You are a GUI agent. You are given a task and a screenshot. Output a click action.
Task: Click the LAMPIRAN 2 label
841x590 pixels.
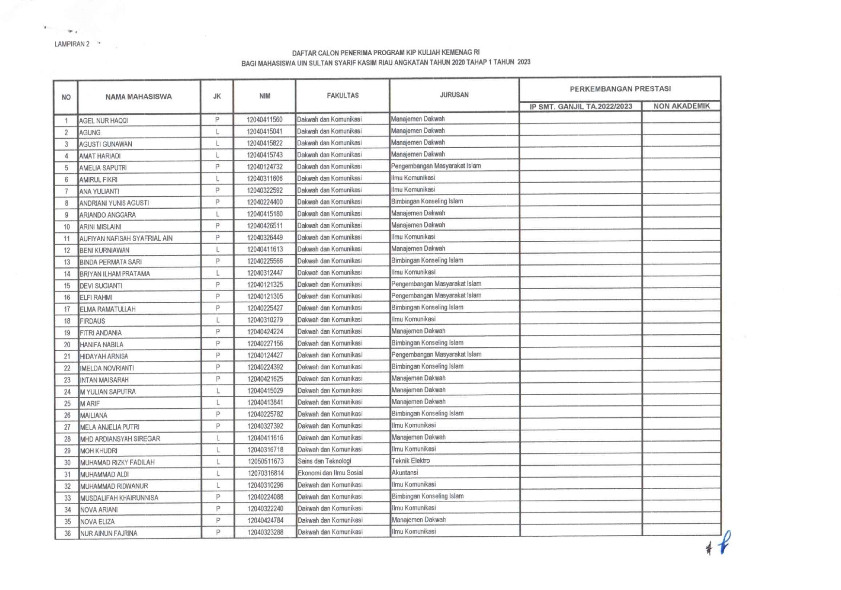72,44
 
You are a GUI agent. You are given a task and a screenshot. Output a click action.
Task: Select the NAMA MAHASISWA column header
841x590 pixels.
139,97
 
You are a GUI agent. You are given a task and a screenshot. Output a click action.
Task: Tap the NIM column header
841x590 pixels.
265,96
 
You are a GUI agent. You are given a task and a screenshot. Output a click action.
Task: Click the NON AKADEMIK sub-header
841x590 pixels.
681,106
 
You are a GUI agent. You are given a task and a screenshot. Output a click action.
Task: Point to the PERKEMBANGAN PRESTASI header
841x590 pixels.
620,89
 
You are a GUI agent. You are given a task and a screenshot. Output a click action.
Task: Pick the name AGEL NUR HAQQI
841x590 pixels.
104,121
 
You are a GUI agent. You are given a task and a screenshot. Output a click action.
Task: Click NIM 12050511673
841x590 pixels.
265,462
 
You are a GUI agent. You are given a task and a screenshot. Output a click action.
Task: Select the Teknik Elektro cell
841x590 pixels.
410,461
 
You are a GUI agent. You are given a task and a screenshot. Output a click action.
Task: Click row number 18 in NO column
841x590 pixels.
67,321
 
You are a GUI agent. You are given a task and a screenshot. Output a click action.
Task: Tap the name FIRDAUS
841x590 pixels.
93,321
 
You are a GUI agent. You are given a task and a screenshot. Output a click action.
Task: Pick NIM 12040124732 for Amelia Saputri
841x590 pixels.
265,167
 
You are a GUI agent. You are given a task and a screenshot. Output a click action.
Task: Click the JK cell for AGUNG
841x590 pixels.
217,132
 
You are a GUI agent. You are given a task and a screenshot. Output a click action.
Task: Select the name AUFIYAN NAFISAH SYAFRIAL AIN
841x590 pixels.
126,238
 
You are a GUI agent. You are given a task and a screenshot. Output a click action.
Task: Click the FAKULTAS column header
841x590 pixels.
343,96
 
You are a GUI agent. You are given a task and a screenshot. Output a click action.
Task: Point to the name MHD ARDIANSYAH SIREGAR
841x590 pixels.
120,439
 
